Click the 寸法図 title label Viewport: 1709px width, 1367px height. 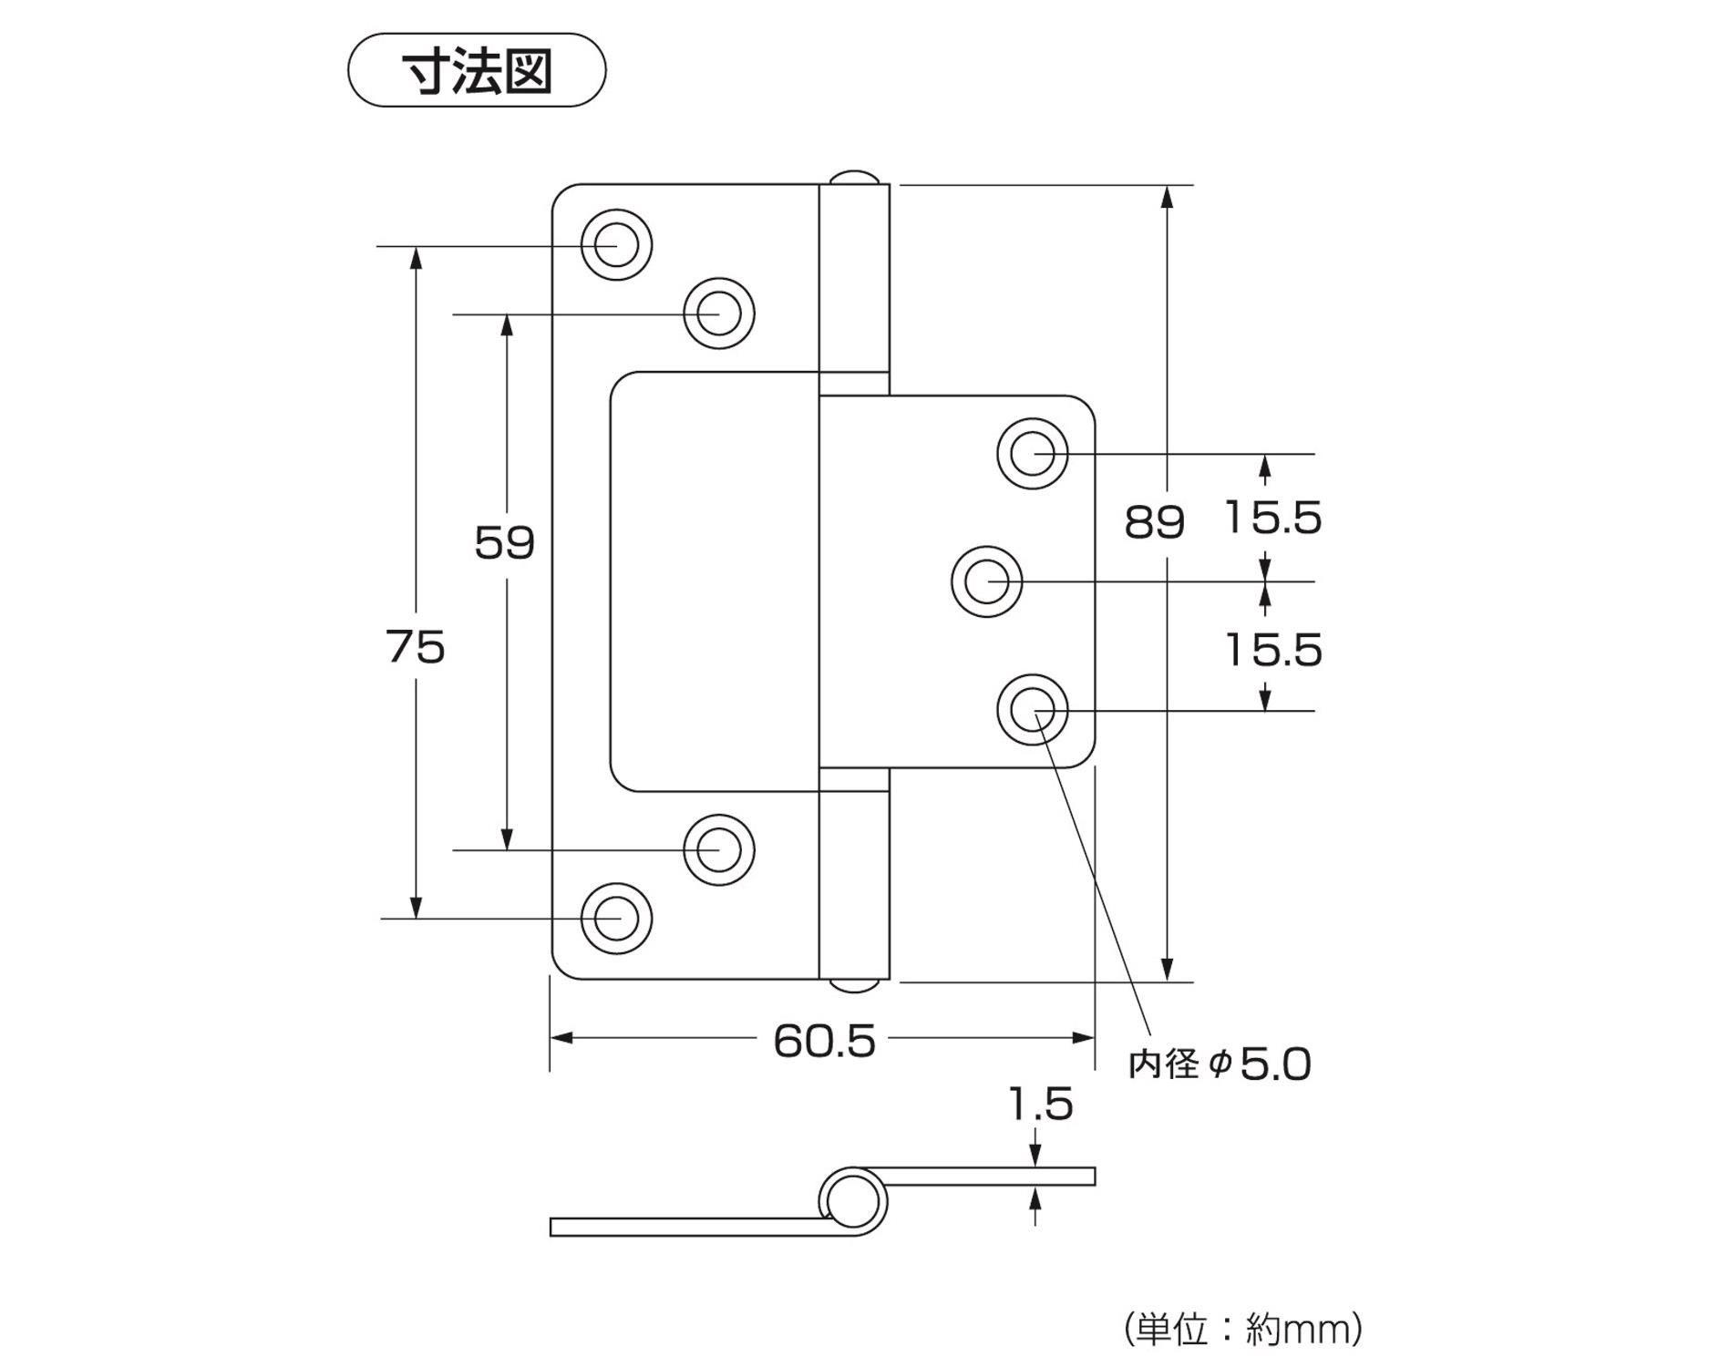click(x=477, y=71)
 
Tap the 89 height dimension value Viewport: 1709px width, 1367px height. click(x=1154, y=522)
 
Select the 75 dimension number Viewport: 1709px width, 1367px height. click(x=416, y=647)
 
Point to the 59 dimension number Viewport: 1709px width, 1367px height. click(x=504, y=543)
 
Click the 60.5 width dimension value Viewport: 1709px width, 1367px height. click(x=824, y=1041)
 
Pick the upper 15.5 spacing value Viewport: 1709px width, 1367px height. click(x=1272, y=518)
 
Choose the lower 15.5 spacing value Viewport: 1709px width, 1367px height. click(x=1272, y=650)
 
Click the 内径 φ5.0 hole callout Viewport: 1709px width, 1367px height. click(x=1220, y=1064)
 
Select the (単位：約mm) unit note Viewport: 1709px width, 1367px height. click(x=1243, y=1330)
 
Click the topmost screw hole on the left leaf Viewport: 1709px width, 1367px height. click(x=617, y=245)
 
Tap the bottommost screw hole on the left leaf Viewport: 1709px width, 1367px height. click(x=617, y=919)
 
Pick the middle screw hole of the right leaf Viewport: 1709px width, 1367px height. click(x=986, y=581)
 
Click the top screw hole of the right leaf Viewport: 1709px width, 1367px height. click(x=1033, y=453)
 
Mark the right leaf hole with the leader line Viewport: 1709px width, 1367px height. click(x=1033, y=710)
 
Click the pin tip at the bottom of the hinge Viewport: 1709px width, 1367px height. click(x=854, y=987)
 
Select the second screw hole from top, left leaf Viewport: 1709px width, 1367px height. click(x=719, y=313)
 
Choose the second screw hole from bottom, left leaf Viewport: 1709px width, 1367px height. click(x=719, y=850)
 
